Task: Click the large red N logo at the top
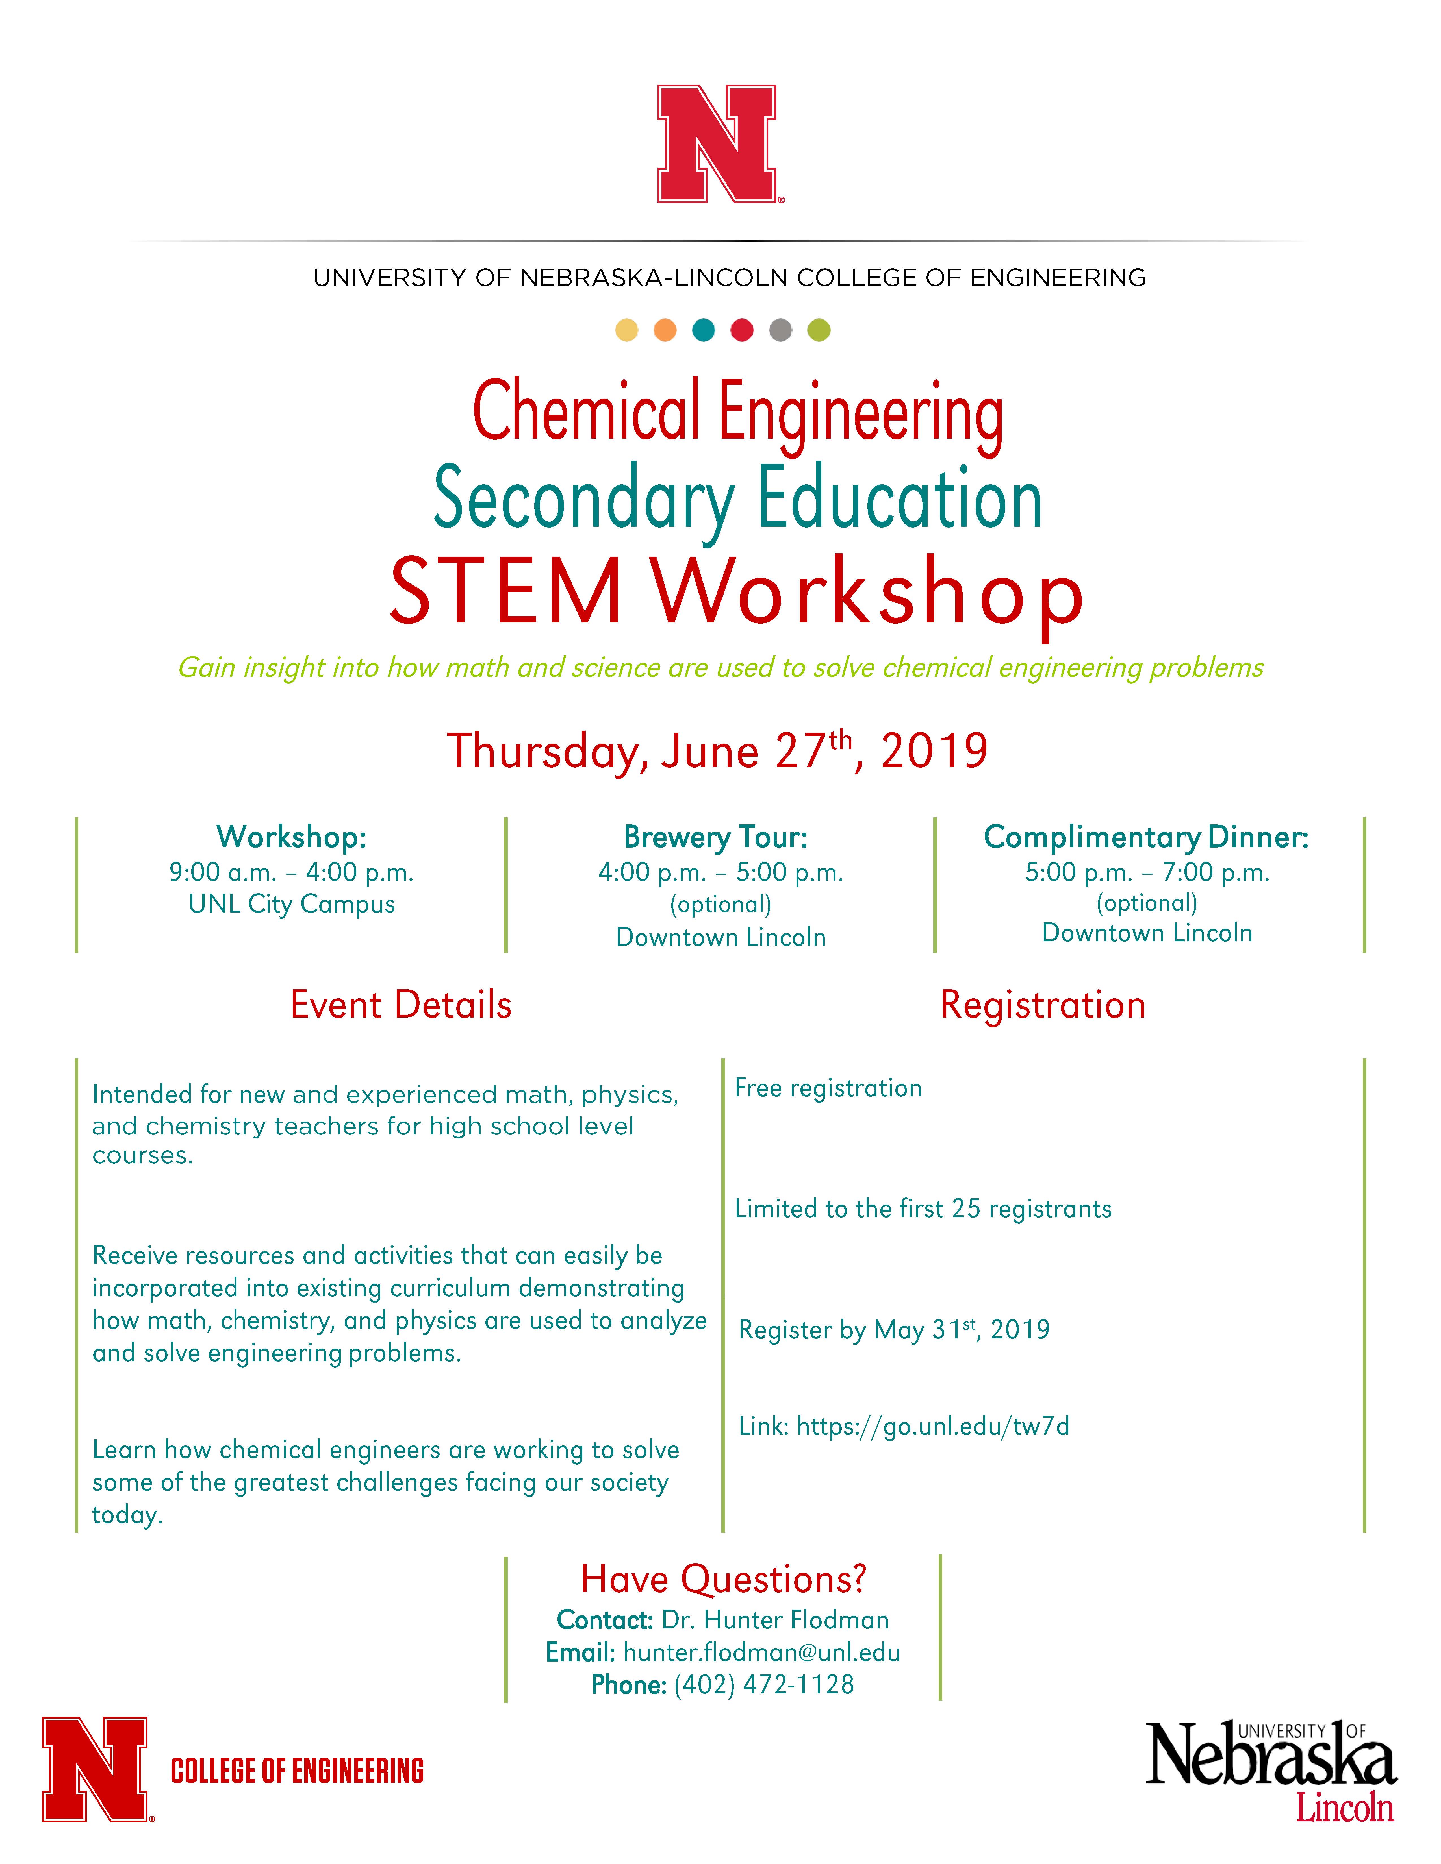click(717, 143)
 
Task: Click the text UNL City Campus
click(291, 904)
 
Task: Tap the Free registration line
click(828, 1088)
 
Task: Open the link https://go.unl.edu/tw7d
click(932, 1426)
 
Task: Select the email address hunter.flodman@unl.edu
click(761, 1653)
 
